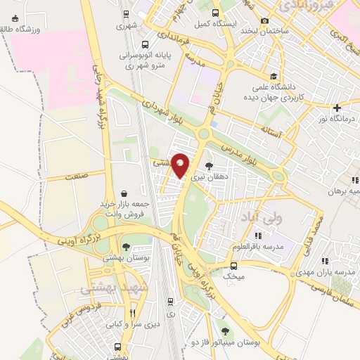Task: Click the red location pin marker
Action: pyautogui.click(x=181, y=165)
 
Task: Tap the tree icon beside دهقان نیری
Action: pyautogui.click(x=209, y=166)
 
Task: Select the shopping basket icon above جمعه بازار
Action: pyautogui.click(x=124, y=193)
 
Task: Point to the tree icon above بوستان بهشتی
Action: pyautogui.click(x=126, y=247)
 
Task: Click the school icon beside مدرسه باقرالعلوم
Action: pyautogui.click(x=258, y=235)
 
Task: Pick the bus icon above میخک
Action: pyautogui.click(x=233, y=266)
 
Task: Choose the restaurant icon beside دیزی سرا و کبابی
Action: pyautogui.click(x=132, y=314)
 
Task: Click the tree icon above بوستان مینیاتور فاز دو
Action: pyautogui.click(x=225, y=331)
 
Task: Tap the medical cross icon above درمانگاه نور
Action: pyautogui.click(x=337, y=108)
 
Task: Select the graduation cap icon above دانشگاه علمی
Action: pyautogui.click(x=272, y=77)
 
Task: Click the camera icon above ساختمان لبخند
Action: pyautogui.click(x=264, y=21)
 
